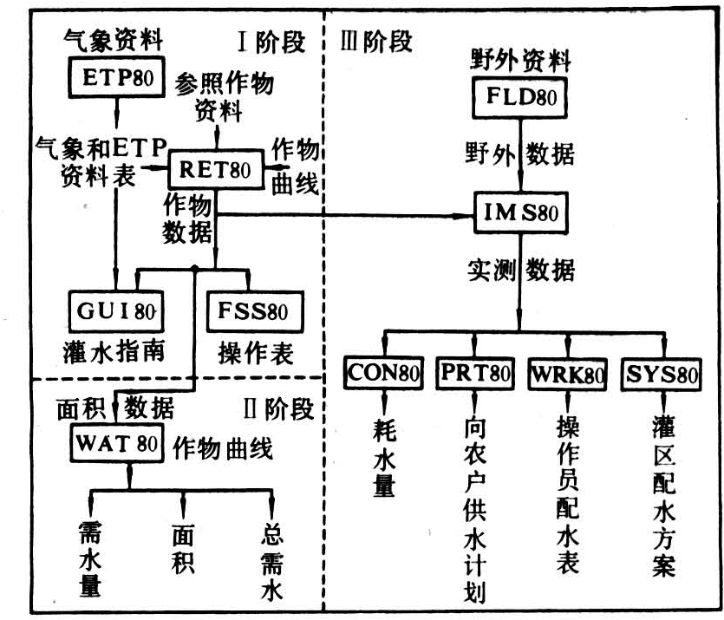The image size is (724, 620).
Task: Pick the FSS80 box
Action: tap(246, 309)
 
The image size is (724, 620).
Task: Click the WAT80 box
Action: tap(114, 444)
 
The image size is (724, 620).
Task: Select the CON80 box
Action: tap(382, 375)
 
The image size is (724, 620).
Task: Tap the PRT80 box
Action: tap(473, 375)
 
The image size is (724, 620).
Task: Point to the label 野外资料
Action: tap(520, 61)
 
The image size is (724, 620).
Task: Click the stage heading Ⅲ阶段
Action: tap(375, 41)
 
